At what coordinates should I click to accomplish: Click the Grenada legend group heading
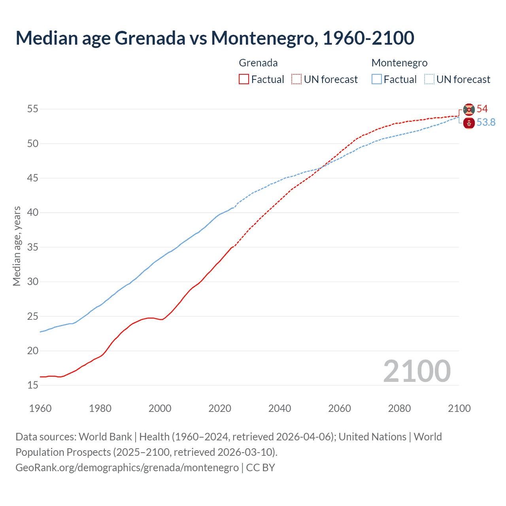[x=258, y=63]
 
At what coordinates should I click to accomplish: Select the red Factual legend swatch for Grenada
[x=244, y=79]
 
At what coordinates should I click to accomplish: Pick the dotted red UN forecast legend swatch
[x=296, y=79]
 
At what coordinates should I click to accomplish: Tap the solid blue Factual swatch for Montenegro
[x=377, y=79]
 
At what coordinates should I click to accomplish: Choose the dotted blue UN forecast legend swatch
[x=429, y=79]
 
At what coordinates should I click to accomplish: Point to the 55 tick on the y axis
[x=33, y=109]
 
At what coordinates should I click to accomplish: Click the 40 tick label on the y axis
[x=33, y=213]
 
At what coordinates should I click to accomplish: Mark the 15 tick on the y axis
[x=33, y=385]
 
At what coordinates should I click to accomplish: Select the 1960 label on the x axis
[x=40, y=408]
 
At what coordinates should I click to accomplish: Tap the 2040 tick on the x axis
[x=279, y=408]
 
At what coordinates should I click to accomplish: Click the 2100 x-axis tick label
[x=459, y=408]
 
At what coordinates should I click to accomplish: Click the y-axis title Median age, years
[x=17, y=246]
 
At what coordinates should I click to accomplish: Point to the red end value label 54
[x=482, y=109]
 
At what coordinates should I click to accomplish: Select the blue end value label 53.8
[x=486, y=122]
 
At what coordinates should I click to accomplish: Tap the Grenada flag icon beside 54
[x=469, y=110]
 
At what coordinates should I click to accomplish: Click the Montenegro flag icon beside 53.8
[x=469, y=123]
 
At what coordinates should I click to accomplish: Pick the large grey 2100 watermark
[x=417, y=371]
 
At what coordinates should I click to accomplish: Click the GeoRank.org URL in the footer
[x=127, y=467]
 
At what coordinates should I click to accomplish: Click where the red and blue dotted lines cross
[x=321, y=168]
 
